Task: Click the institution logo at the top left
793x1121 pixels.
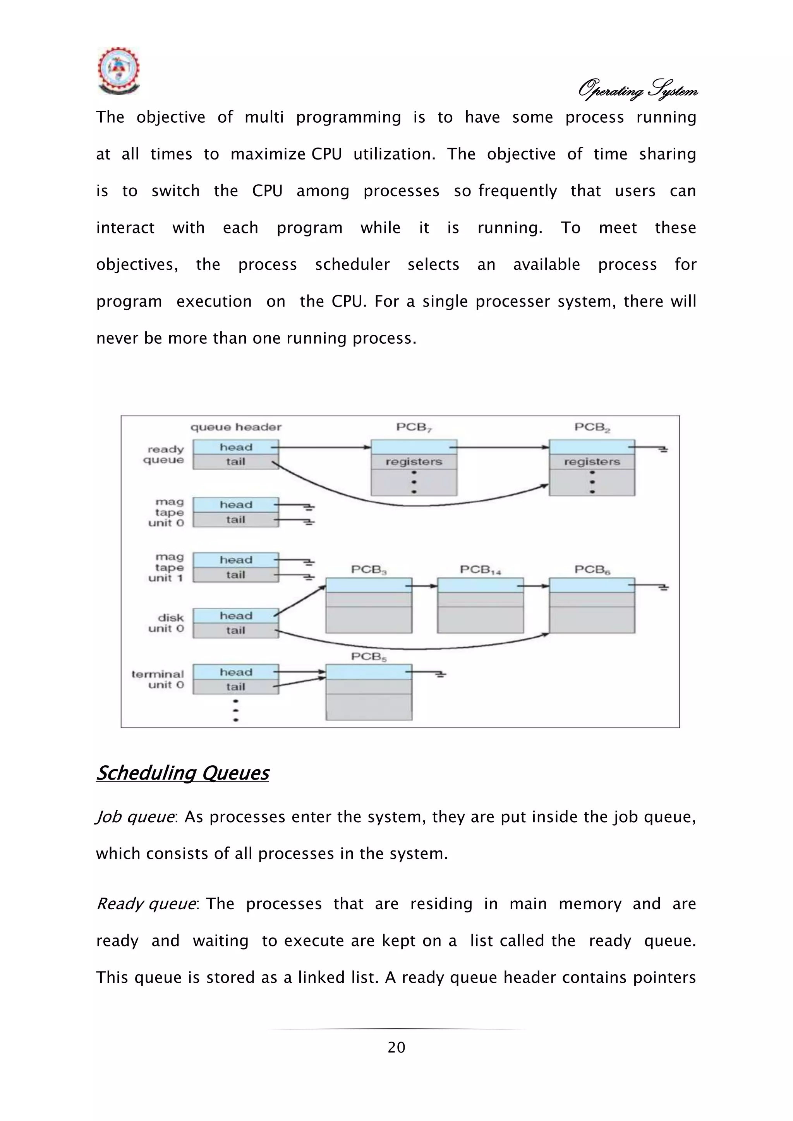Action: [118, 71]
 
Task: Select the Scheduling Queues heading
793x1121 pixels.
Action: [183, 773]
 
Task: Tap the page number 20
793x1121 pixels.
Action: [396, 1047]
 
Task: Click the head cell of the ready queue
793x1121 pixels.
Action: [235, 447]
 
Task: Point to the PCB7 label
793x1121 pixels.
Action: [414, 427]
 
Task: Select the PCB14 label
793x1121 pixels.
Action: [480, 570]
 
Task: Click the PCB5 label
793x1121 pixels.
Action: [369, 656]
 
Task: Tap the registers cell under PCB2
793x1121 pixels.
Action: [592, 462]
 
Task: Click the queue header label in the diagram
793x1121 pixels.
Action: [236, 427]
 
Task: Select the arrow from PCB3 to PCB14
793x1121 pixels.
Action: [424, 585]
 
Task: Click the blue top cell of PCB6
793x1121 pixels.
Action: [592, 585]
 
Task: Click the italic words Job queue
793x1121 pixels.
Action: [135, 817]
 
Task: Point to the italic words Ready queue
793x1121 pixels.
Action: [146, 904]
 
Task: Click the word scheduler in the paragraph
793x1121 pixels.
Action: [352, 265]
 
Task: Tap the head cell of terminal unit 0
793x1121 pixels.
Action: [235, 672]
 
